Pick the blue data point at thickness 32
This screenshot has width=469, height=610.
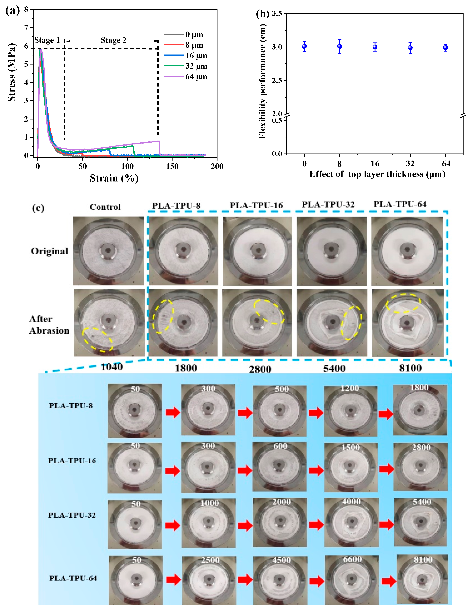pyautogui.click(x=410, y=47)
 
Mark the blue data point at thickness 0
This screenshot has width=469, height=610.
pyautogui.click(x=304, y=46)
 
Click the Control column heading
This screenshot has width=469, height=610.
pyautogui.click(x=105, y=207)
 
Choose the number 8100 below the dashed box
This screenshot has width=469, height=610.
pyautogui.click(x=410, y=368)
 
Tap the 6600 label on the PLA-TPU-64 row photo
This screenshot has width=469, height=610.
pyautogui.click(x=352, y=559)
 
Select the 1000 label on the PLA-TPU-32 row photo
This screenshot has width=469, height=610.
pyautogui.click(x=209, y=503)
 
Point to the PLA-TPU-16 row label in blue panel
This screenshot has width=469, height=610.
pyautogui.click(x=72, y=461)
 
